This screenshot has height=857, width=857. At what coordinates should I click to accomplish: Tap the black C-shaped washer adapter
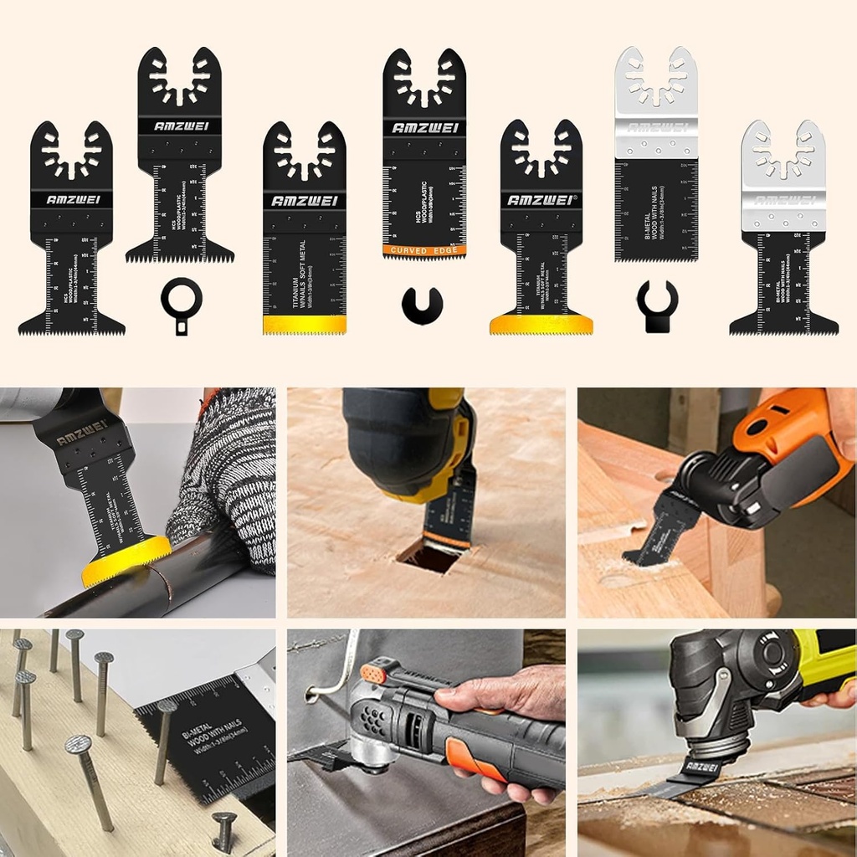coord(422,306)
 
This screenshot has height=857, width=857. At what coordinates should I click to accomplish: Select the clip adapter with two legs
coord(656,305)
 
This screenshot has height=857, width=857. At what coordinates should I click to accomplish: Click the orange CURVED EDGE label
coord(424,250)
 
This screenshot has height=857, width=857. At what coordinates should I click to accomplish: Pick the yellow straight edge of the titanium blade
coord(304,324)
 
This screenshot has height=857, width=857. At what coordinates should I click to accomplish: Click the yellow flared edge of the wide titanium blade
coord(541,324)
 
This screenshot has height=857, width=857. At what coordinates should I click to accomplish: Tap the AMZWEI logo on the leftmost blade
coord(71,199)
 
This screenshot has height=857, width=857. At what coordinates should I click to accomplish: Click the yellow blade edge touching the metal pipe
coord(126,562)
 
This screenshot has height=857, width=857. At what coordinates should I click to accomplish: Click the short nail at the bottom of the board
coord(223,828)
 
